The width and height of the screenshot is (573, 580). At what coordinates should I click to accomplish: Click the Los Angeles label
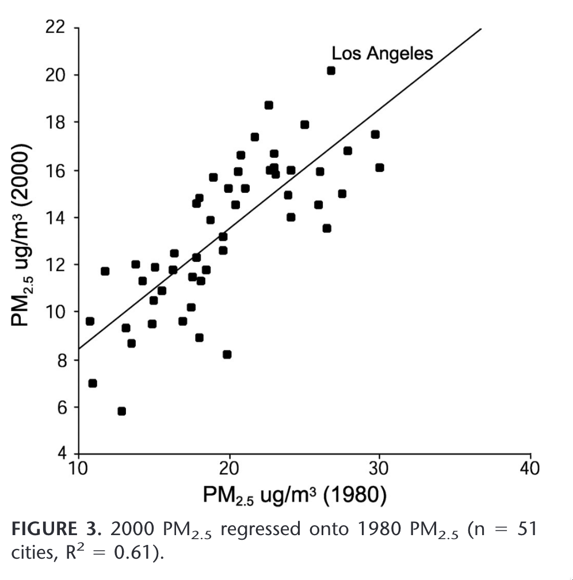click(x=382, y=54)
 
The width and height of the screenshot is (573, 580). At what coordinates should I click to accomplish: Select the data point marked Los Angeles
click(x=331, y=70)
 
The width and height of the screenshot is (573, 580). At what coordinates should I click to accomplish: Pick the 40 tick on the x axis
click(x=530, y=468)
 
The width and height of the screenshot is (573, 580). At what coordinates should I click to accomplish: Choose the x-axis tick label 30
click(x=379, y=468)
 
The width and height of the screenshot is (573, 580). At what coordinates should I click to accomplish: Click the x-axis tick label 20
click(x=230, y=468)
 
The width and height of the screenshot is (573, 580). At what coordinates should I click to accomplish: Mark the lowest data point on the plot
click(x=121, y=411)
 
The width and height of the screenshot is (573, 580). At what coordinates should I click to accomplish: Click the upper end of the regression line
click(x=480, y=29)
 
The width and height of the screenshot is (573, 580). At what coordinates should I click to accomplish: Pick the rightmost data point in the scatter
click(x=379, y=167)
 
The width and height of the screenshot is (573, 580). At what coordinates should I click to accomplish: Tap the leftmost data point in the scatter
click(x=90, y=321)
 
